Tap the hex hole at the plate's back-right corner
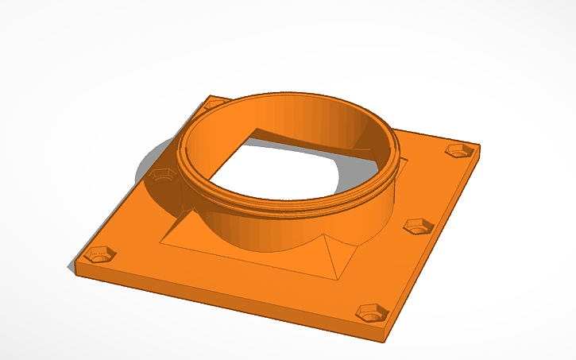(x=456, y=150)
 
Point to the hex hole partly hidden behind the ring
(x=213, y=104)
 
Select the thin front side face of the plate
(x=222, y=297)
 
